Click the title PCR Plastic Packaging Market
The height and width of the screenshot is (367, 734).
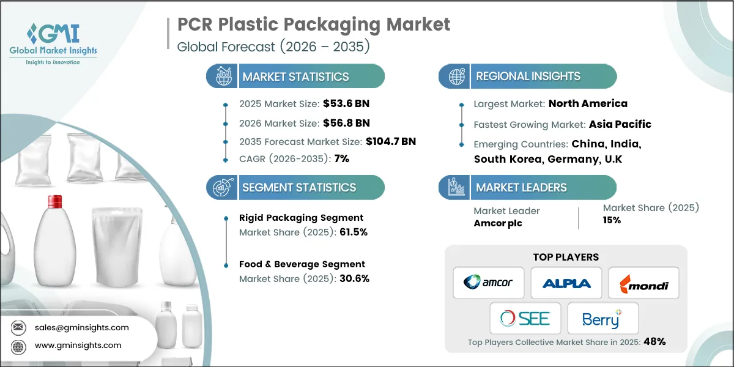point(313,24)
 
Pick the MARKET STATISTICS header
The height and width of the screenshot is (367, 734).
point(295,76)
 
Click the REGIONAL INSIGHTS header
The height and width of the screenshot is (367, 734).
point(528,76)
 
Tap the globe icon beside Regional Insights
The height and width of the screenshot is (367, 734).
point(456,76)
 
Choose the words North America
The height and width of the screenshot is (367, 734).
point(588,103)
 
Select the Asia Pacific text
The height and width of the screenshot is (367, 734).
point(620,124)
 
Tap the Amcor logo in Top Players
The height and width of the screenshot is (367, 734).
point(489,283)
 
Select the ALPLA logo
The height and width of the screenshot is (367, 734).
point(566,283)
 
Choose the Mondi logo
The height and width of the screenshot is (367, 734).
point(643,283)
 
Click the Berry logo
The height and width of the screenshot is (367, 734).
point(602,318)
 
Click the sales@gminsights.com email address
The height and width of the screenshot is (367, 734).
point(81,327)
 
